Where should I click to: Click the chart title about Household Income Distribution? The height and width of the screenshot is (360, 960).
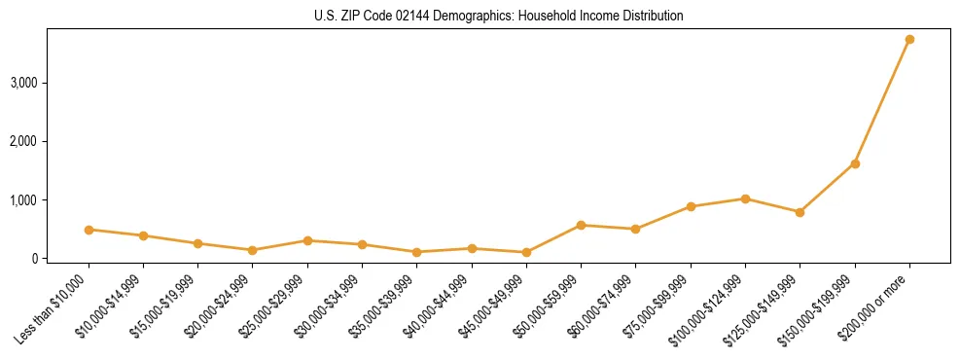(x=499, y=16)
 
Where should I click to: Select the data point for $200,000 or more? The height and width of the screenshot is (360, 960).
(x=909, y=40)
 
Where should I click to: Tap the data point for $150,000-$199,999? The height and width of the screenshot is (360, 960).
(x=855, y=163)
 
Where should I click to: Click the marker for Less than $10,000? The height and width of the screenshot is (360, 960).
(x=89, y=230)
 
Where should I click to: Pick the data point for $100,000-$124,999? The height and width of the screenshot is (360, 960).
(x=745, y=198)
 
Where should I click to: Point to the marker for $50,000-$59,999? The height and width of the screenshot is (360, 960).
(x=581, y=225)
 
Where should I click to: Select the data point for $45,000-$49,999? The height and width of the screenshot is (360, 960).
(x=526, y=252)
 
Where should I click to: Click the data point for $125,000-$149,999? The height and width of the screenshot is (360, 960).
(x=800, y=212)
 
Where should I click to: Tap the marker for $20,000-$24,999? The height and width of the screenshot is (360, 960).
(x=253, y=250)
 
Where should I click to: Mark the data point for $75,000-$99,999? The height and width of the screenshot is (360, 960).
(x=691, y=206)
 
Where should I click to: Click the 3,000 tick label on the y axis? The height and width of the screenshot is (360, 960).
(x=23, y=83)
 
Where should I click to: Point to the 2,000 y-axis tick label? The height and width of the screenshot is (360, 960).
(x=23, y=141)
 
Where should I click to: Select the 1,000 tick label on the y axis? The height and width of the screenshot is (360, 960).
(x=23, y=200)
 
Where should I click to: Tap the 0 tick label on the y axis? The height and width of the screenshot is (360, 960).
(x=33, y=259)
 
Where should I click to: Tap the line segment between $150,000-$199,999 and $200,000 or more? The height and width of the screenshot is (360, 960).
(x=882, y=102)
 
